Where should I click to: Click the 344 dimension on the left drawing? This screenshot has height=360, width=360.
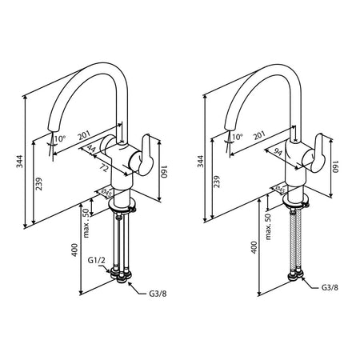[19, 162]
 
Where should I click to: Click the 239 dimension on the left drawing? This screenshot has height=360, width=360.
[39, 184]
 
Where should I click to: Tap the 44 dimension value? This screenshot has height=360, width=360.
[91, 148]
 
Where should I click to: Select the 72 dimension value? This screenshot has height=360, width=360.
[105, 167]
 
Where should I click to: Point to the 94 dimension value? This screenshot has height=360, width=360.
[278, 153]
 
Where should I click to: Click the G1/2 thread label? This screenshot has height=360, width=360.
[96, 261]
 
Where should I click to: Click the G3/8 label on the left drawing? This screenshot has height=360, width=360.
[158, 294]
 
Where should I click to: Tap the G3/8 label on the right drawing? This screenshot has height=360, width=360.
[330, 287]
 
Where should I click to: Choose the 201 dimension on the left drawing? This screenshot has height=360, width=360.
[84, 136]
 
